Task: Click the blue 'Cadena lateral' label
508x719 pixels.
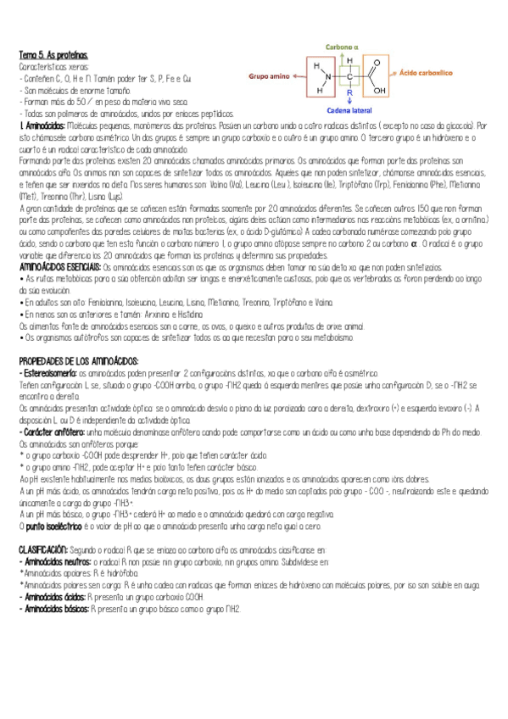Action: click(x=349, y=109)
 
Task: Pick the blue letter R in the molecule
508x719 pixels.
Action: click(x=349, y=92)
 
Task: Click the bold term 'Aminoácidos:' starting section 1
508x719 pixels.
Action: click(x=42, y=125)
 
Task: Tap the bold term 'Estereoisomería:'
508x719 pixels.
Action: click(x=49, y=373)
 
